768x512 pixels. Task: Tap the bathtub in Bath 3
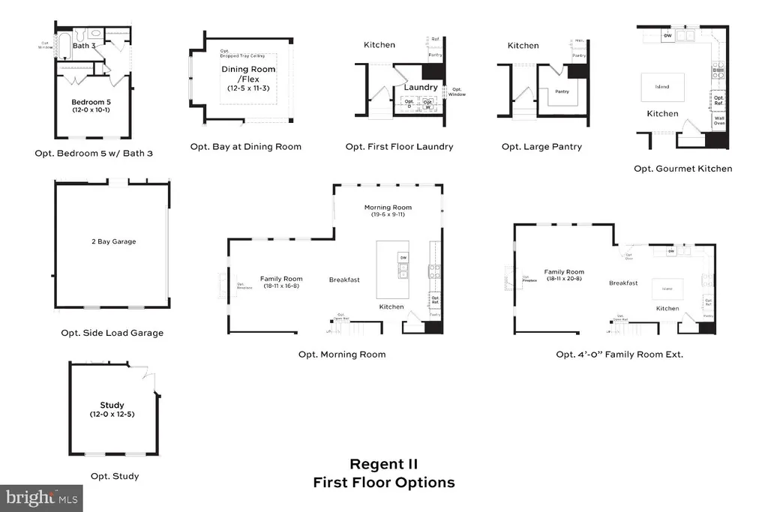pyautogui.click(x=65, y=45)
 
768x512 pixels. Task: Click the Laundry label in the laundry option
pyautogui.click(x=420, y=88)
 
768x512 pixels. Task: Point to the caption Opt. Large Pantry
pyautogui.click(x=541, y=147)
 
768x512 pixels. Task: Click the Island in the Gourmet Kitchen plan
pyautogui.click(x=661, y=86)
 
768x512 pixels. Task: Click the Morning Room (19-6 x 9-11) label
pyautogui.click(x=388, y=211)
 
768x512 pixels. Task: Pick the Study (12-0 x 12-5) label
pyautogui.click(x=112, y=409)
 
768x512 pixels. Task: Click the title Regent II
pyautogui.click(x=383, y=465)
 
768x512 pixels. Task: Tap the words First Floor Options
pyautogui.click(x=383, y=483)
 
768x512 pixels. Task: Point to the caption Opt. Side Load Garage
pyautogui.click(x=112, y=333)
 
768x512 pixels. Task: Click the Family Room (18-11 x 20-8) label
pyautogui.click(x=564, y=275)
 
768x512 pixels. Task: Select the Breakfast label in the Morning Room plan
pyautogui.click(x=344, y=280)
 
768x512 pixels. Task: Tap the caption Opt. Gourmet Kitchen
pyautogui.click(x=682, y=169)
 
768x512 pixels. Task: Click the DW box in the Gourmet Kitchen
pyautogui.click(x=667, y=36)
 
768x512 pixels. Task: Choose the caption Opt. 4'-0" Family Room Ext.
pyautogui.click(x=619, y=354)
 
